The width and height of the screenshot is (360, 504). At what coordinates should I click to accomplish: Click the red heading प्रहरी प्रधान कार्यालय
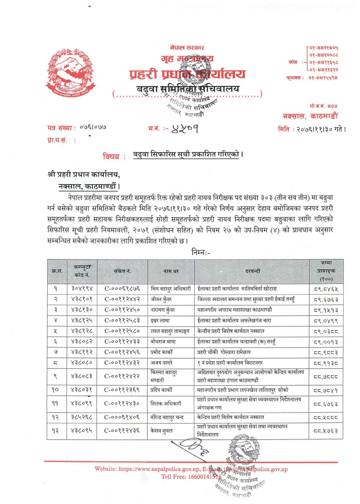(x=187, y=74)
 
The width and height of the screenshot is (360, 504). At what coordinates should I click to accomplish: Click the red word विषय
(x=111, y=156)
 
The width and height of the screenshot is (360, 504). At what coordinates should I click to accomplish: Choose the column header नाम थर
(x=171, y=271)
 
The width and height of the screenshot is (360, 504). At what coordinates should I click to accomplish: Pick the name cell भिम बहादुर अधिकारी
(x=170, y=289)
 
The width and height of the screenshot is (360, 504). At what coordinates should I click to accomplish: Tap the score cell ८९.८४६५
(x=326, y=289)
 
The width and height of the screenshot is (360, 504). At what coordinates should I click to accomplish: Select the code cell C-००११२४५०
(x=122, y=310)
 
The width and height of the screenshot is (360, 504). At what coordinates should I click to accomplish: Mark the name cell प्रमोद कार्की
(x=162, y=352)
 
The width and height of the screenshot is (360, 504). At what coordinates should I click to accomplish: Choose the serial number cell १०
(x=55, y=390)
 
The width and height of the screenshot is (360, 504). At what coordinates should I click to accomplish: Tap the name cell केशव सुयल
(x=161, y=431)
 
